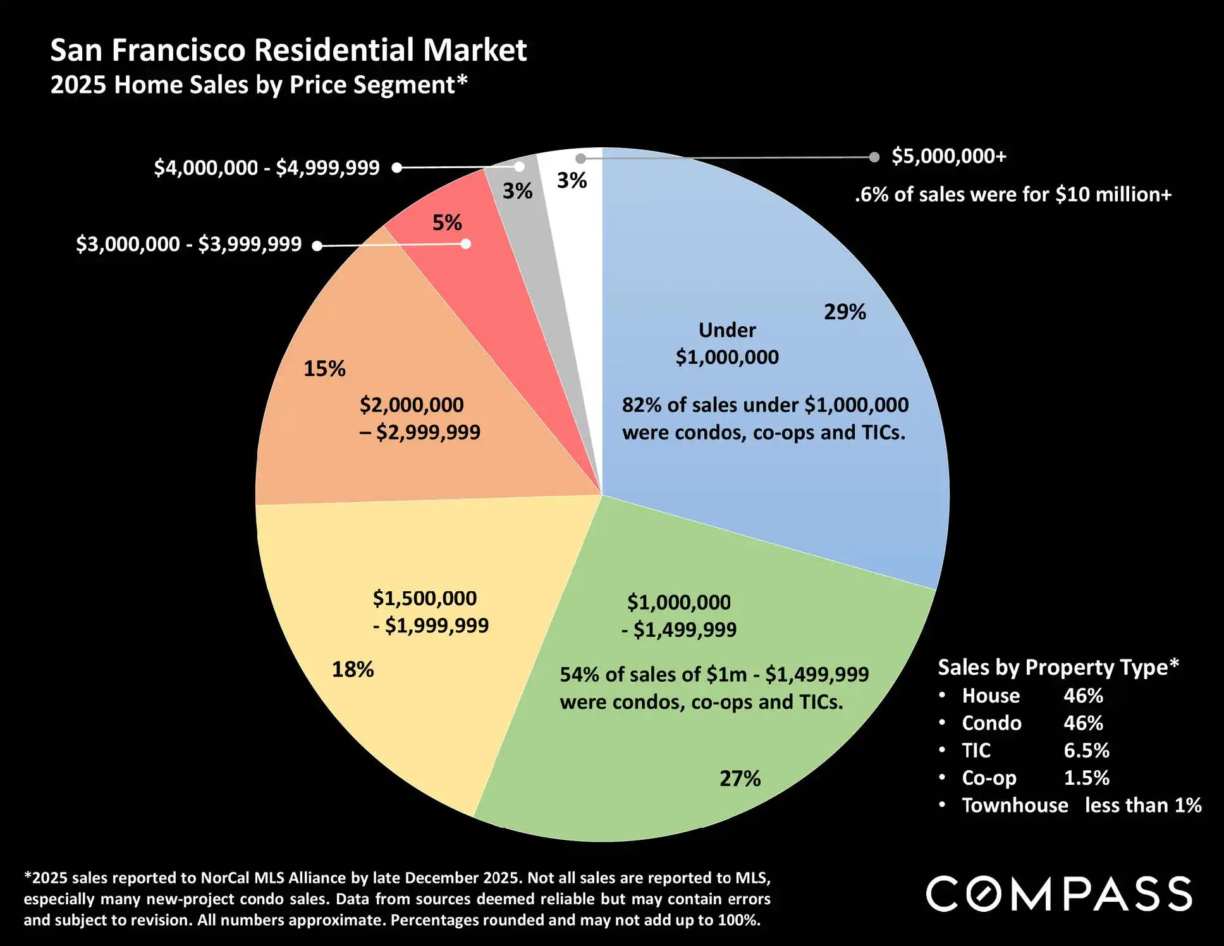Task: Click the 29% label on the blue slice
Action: click(x=845, y=312)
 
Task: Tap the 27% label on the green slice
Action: click(x=740, y=778)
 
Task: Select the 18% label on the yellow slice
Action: click(x=353, y=669)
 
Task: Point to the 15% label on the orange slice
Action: click(x=324, y=369)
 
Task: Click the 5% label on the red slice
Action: click(x=447, y=223)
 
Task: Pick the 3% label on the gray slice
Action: click(x=517, y=191)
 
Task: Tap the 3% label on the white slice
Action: click(x=572, y=181)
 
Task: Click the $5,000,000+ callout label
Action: click(x=948, y=156)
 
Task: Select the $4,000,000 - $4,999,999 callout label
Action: click(x=267, y=168)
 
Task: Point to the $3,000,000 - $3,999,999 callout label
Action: click(x=188, y=244)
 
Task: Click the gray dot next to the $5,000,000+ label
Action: click(x=874, y=157)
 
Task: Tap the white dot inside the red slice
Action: click(x=466, y=244)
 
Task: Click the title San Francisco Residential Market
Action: click(x=288, y=50)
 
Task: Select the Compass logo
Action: click(x=1059, y=894)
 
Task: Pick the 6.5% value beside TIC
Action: click(x=1086, y=751)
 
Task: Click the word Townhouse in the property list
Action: click(x=1015, y=805)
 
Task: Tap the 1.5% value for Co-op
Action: click(x=1086, y=778)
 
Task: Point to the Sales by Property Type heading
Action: click(x=1058, y=667)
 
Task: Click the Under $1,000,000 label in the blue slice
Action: click(x=727, y=343)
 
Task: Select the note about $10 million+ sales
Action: click(x=1013, y=194)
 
